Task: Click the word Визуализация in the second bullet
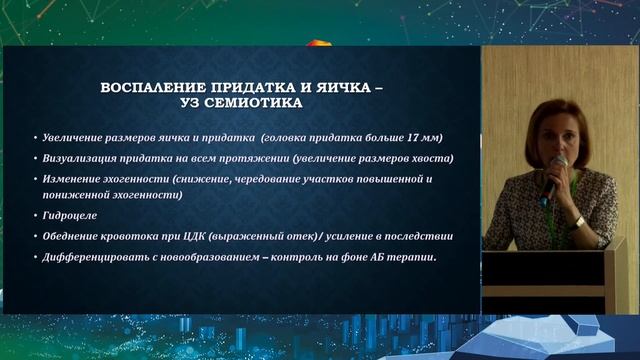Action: (x=78, y=158)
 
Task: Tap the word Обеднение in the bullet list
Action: (x=72, y=236)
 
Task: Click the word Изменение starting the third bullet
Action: (x=71, y=179)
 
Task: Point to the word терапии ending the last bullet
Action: (x=414, y=258)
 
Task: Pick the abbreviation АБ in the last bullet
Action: (x=378, y=258)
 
